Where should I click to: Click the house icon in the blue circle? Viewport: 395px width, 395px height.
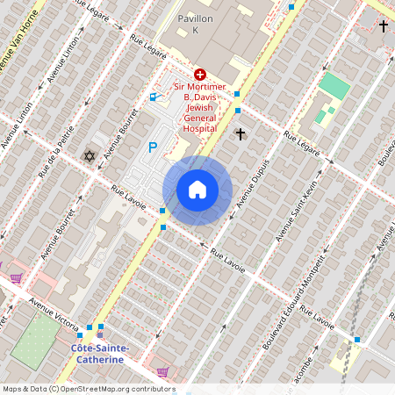pyautogui.click(x=197, y=190)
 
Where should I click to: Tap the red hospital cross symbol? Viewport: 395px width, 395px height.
pyautogui.click(x=200, y=75)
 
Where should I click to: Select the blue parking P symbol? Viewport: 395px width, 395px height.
pyautogui.click(x=153, y=147)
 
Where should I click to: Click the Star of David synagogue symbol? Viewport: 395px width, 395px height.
pyautogui.click(x=88, y=156)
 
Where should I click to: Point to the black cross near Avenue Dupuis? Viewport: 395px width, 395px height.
pyautogui.click(x=241, y=133)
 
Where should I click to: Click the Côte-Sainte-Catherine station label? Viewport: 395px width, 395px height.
pyautogui.click(x=99, y=354)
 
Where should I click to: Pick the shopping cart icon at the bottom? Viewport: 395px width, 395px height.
pyautogui.click(x=162, y=371)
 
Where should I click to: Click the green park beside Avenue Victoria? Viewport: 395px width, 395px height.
pyautogui.click(x=36, y=339)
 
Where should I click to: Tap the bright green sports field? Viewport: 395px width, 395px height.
pyautogui.click(x=334, y=86)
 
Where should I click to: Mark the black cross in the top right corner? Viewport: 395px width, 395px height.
pyautogui.click(x=384, y=26)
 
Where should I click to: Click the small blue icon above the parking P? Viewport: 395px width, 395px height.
pyautogui.click(x=154, y=97)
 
